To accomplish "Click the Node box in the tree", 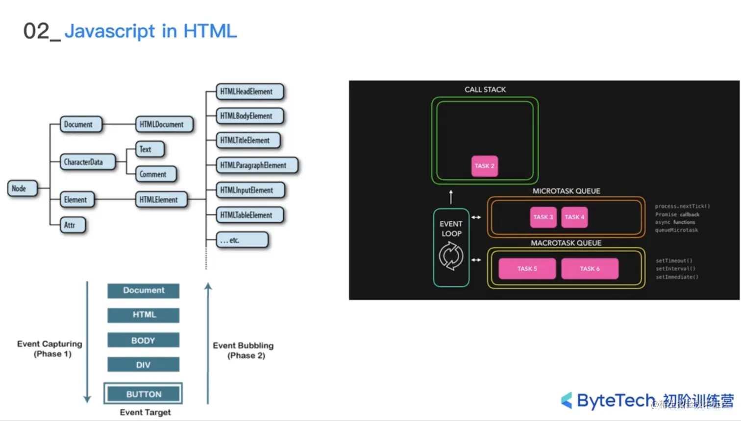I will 22,188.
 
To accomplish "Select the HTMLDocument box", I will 164,124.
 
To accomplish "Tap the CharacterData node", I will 87,162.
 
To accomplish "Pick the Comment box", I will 155,174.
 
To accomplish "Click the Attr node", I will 72,225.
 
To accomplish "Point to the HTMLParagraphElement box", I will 256,165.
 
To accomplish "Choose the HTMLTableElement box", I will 249,215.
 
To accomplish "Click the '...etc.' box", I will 242,240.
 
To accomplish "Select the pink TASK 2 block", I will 484,166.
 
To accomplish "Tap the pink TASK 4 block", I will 574,217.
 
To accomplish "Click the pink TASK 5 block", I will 527,269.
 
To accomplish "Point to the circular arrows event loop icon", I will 451,256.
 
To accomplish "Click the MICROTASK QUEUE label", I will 566,191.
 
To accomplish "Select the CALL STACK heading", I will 485,90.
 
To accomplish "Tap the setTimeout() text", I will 674,261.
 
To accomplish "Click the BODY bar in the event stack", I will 143,340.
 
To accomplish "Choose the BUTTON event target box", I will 143,394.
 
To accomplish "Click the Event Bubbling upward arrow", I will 208,343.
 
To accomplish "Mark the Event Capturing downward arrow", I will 87,343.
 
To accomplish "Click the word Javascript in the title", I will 110,31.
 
